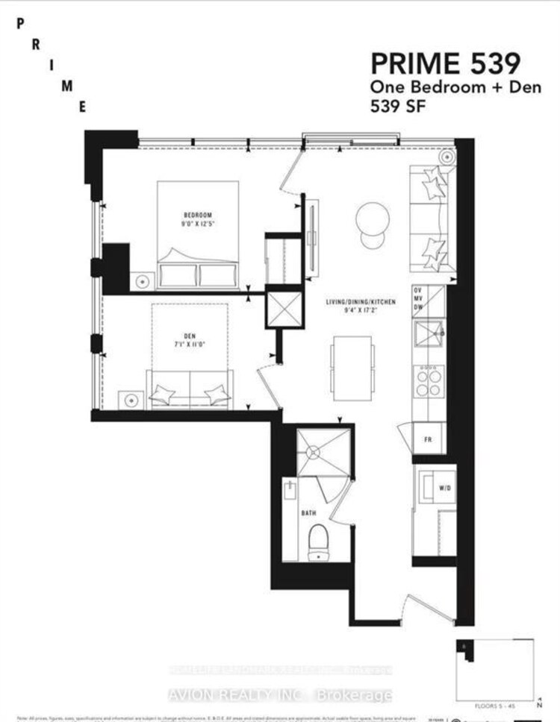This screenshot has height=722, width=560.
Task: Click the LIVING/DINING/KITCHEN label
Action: (x=360, y=302)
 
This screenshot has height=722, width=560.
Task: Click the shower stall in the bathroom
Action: (x=323, y=451)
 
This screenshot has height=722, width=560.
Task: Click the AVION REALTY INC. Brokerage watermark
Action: (x=280, y=695)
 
